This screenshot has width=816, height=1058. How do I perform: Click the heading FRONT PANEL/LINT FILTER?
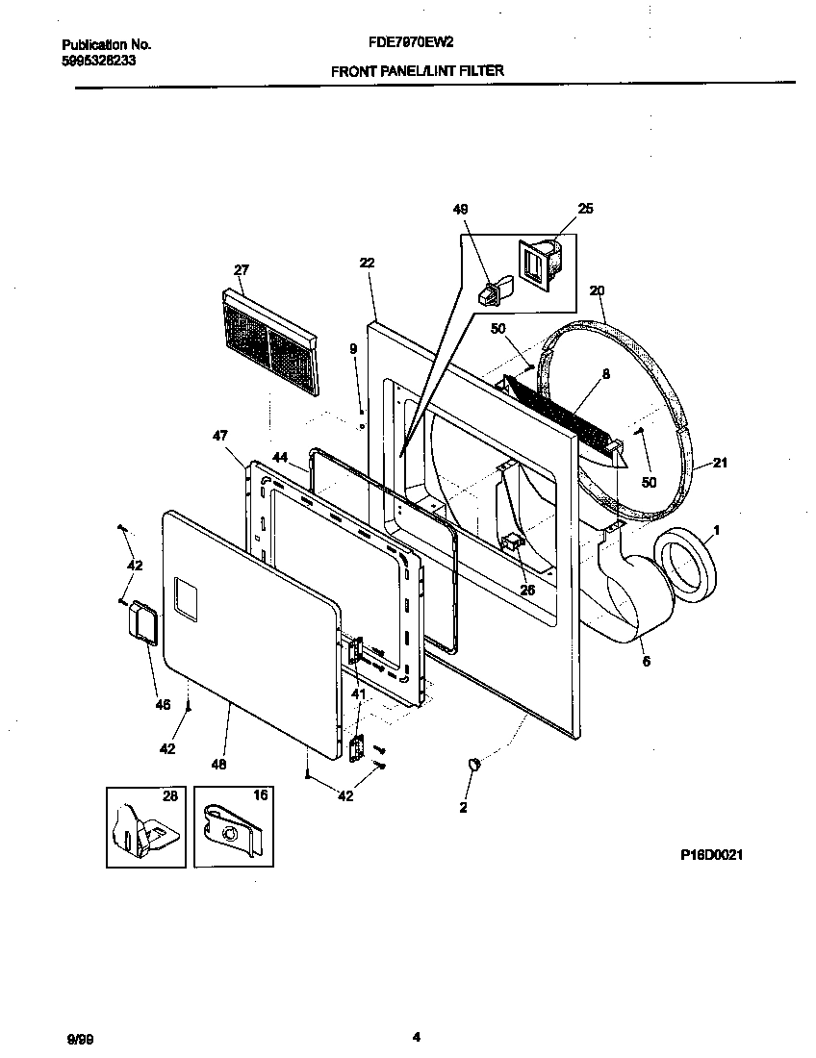pyautogui.click(x=417, y=70)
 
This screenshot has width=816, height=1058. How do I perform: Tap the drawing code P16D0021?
pyautogui.click(x=707, y=854)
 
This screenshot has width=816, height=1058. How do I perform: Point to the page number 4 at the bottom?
pyautogui.click(x=416, y=1037)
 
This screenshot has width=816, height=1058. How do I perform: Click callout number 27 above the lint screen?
pyautogui.click(x=241, y=269)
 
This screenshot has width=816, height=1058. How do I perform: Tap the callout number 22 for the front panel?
pyautogui.click(x=367, y=263)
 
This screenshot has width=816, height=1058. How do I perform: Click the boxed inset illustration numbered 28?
pyautogui.click(x=145, y=825)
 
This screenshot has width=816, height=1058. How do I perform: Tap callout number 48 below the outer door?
pyautogui.click(x=218, y=765)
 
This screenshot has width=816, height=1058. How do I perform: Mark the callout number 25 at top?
pyautogui.click(x=585, y=209)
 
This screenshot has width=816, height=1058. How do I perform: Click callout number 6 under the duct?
pyautogui.click(x=646, y=661)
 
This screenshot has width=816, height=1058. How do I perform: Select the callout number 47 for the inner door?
pyautogui.click(x=219, y=435)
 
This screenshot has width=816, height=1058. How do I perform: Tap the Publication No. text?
pyautogui.click(x=106, y=44)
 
